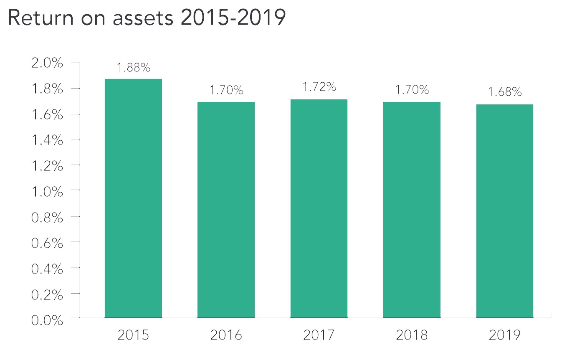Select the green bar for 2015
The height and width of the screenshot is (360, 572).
tap(133, 198)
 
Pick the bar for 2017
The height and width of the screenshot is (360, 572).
tap(319, 208)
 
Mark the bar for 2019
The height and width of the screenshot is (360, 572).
tap(504, 211)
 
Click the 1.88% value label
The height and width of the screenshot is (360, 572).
tap(133, 68)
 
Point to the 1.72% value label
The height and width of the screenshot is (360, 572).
tap(319, 88)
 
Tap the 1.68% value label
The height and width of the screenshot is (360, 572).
tap(504, 92)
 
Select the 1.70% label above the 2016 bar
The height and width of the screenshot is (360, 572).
tap(226, 90)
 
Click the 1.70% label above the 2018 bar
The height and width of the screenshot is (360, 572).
tap(412, 90)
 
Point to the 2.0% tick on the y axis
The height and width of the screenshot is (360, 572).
tap(47, 64)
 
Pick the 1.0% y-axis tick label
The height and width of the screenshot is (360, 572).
tap(47, 192)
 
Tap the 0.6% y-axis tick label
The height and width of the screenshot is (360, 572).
tap(47, 243)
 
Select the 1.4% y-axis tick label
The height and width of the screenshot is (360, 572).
tap(47, 141)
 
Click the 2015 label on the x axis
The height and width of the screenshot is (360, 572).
tap(133, 335)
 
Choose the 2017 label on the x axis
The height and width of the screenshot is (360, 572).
tap(319, 335)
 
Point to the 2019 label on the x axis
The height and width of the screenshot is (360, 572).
tap(504, 335)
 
